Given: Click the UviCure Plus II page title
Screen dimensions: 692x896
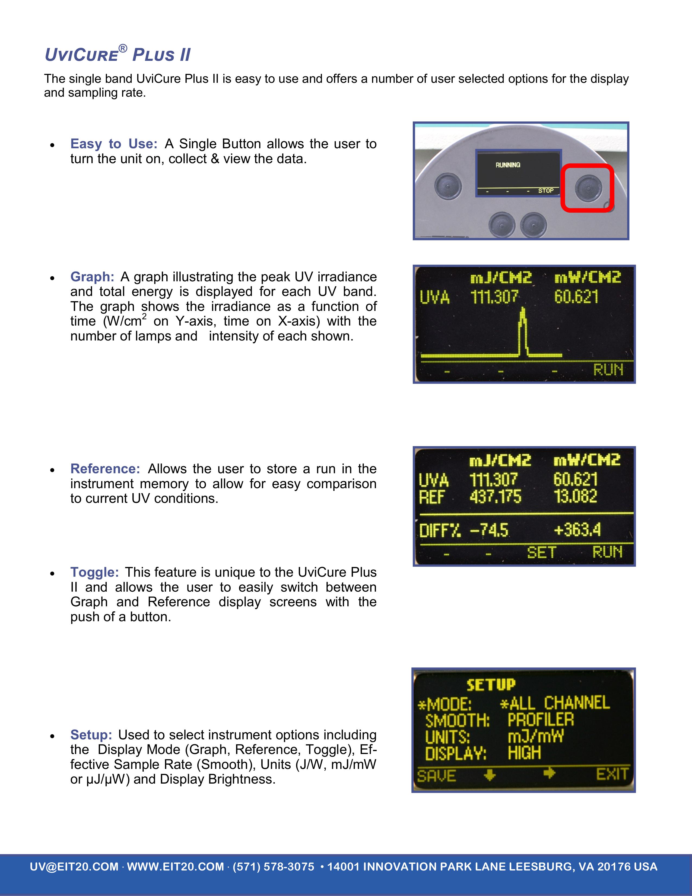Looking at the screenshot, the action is pyautogui.click(x=118, y=54).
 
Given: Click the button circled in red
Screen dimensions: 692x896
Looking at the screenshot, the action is pyautogui.click(x=588, y=188).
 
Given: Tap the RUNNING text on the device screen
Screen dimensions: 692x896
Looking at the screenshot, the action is pyautogui.click(x=508, y=165).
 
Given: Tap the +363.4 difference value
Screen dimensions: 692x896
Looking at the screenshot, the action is pyautogui.click(x=577, y=530).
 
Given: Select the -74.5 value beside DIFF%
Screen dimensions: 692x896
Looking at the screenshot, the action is pyautogui.click(x=489, y=530).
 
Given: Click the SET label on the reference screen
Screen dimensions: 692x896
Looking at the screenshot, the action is pyautogui.click(x=541, y=552).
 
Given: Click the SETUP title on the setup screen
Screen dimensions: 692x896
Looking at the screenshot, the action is pyautogui.click(x=491, y=684).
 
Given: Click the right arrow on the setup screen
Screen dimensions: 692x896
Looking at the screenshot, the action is pyautogui.click(x=549, y=773).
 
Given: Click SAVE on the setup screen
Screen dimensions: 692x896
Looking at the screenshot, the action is pyautogui.click(x=437, y=775).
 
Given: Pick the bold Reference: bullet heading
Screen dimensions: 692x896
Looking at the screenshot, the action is pyautogui.click(x=105, y=469).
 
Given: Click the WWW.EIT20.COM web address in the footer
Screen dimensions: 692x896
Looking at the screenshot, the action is pyautogui.click(x=176, y=866).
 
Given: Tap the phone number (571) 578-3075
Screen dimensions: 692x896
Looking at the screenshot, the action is pyautogui.click(x=274, y=866).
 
